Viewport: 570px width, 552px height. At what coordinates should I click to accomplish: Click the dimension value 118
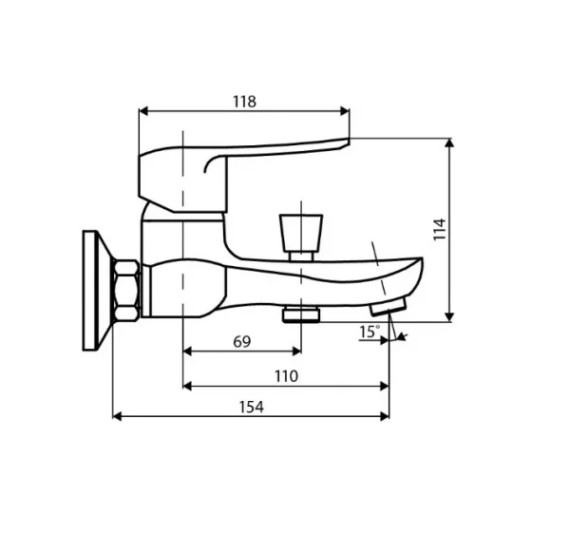click(x=244, y=102)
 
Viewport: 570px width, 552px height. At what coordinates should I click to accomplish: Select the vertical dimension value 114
click(x=439, y=229)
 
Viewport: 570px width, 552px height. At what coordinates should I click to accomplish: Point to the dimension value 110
click(x=286, y=376)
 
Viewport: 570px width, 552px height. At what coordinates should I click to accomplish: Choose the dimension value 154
click(x=251, y=407)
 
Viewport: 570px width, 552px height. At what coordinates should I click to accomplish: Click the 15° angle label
click(x=369, y=331)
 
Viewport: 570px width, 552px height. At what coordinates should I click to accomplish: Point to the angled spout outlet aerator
click(x=388, y=306)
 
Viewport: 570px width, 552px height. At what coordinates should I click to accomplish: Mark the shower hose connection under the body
click(x=301, y=313)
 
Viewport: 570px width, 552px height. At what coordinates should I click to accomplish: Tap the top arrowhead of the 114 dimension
click(x=449, y=143)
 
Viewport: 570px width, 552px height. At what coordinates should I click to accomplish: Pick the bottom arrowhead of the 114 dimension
click(x=449, y=315)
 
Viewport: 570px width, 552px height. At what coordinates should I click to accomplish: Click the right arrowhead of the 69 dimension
click(x=296, y=351)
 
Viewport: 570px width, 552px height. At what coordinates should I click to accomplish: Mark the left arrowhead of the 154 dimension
click(x=118, y=416)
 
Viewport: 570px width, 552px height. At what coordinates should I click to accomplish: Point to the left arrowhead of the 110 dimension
click(x=186, y=386)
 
